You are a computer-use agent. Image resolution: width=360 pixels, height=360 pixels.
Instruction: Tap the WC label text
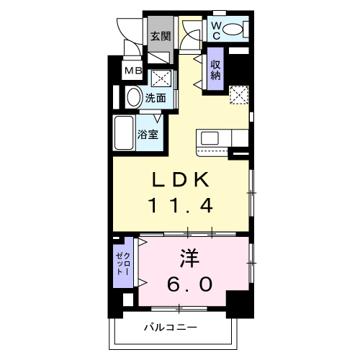[x=215, y=30]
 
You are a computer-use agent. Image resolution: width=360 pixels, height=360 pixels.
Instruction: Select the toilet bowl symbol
[x=233, y=30]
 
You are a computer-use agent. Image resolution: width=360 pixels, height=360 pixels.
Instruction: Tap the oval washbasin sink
[x=135, y=96]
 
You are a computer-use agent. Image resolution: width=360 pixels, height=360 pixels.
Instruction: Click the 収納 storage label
[x=215, y=70]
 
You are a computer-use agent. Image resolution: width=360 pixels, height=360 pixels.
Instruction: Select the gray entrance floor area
[x=159, y=48]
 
